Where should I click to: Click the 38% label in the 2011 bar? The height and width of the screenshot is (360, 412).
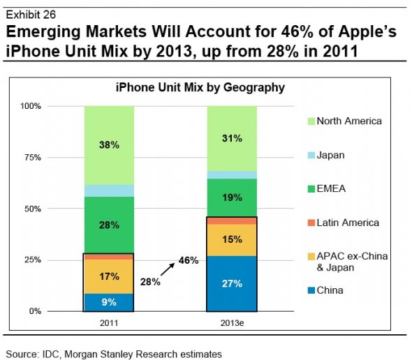tap(109, 144)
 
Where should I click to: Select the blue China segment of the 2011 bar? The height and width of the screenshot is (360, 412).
tap(108, 303)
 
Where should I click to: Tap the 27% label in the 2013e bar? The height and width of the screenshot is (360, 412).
tap(232, 283)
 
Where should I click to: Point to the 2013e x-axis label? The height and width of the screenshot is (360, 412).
tap(232, 323)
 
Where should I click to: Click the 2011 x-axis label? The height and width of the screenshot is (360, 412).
tap(109, 323)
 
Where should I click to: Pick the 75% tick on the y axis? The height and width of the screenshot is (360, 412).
tap(33, 158)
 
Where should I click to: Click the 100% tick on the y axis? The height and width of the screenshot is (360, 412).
tap(31, 106)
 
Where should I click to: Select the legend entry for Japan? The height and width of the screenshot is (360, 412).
tap(326, 155)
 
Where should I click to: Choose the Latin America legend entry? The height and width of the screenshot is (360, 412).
tap(344, 223)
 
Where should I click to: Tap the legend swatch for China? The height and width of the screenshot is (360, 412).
tap(311, 291)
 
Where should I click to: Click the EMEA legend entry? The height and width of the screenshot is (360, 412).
tap(327, 189)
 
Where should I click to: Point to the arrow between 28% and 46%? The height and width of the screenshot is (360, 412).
tap(168, 269)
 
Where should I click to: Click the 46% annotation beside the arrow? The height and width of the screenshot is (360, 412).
tap(189, 260)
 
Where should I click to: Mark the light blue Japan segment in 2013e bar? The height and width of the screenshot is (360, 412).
tap(232, 175)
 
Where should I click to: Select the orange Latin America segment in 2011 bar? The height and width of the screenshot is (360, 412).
tap(108, 257)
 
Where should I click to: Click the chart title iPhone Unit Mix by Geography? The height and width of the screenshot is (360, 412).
tap(200, 87)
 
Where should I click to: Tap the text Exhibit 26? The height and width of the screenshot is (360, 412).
tap(31, 15)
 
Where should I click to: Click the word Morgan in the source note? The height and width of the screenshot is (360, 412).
tap(81, 354)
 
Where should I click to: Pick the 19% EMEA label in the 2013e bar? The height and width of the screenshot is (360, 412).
tap(232, 197)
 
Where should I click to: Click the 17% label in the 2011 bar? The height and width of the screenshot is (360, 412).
tap(109, 276)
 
